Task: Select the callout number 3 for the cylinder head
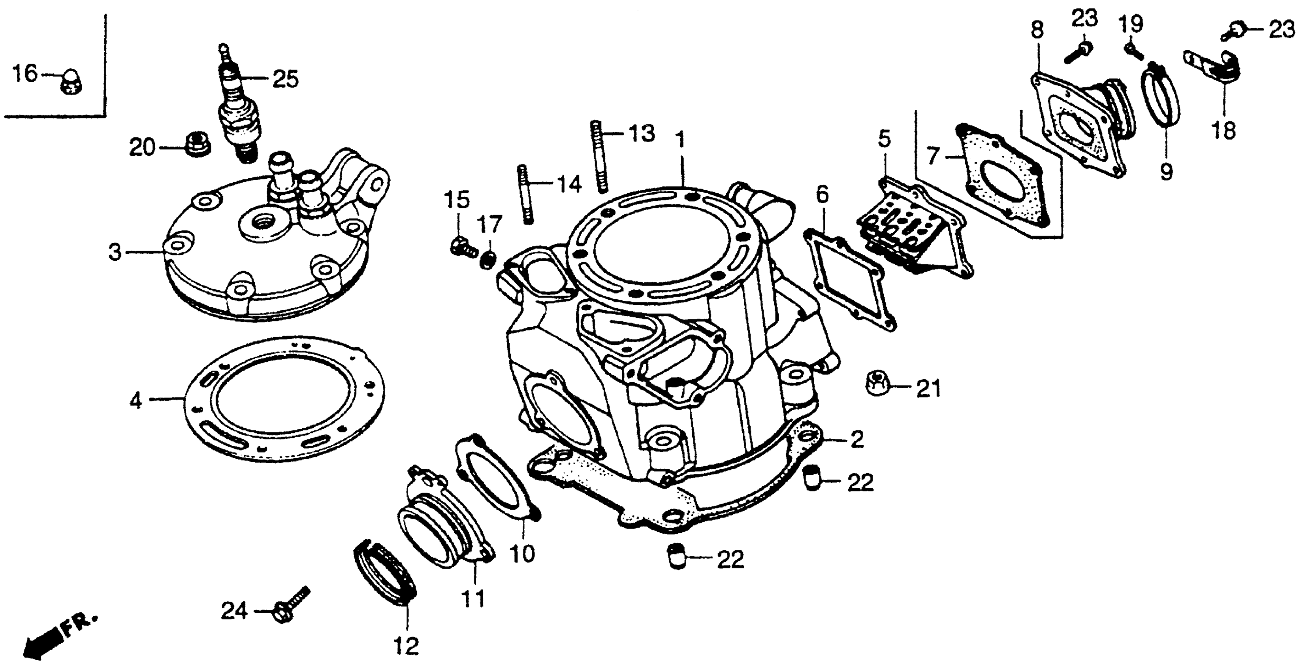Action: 116,252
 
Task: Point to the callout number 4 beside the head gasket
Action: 136,400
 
